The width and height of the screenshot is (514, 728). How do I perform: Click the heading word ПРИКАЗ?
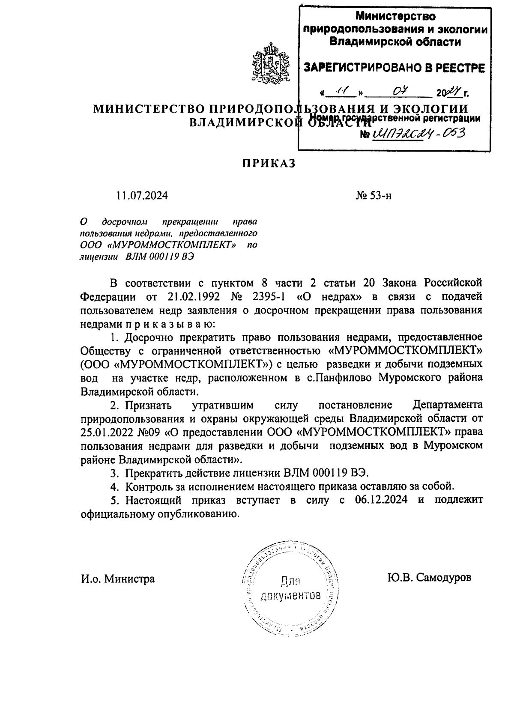tap(269, 164)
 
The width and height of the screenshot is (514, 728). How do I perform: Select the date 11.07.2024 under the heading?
tap(142, 196)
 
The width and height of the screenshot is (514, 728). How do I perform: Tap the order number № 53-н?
tap(374, 196)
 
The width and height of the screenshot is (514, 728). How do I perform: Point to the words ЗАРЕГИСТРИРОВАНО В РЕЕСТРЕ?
tap(394, 68)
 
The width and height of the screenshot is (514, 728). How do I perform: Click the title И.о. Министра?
tap(118, 579)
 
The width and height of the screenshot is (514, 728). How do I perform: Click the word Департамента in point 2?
tap(447, 405)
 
